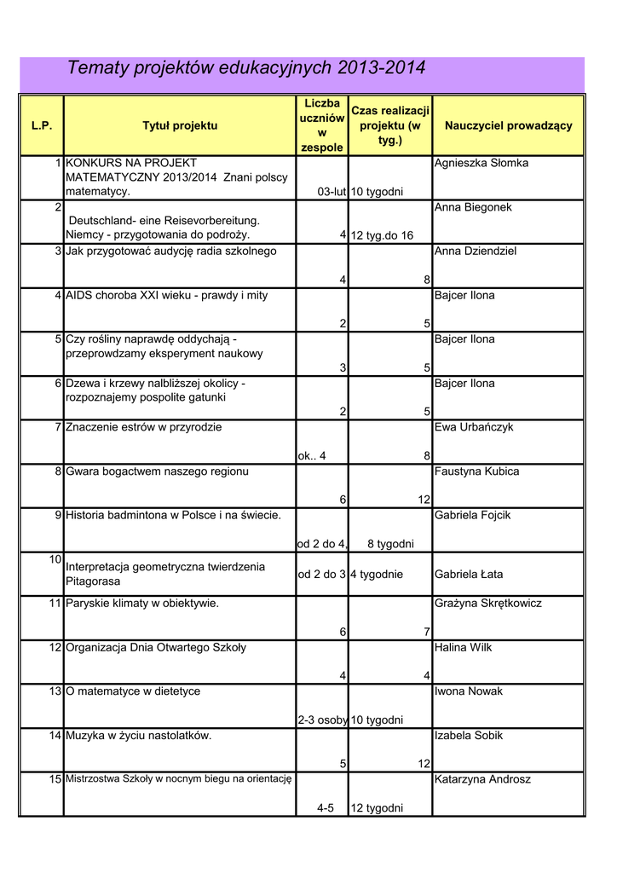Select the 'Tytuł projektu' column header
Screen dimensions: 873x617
pos(180,125)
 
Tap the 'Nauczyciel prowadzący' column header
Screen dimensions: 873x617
pos(508,125)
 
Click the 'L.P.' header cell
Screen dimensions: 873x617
pos(42,125)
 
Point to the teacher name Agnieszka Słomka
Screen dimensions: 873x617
pos(481,163)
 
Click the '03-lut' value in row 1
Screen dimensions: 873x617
pos(332,192)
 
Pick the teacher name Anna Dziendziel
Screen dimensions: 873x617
pos(476,251)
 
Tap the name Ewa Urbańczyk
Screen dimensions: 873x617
pos(474,427)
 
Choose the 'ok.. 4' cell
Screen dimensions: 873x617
pos(312,456)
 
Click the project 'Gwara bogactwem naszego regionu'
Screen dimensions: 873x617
pos(158,471)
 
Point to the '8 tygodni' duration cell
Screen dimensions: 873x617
pos(390,544)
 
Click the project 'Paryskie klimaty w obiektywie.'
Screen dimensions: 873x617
pos(142,604)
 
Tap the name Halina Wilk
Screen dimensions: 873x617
pos(463,647)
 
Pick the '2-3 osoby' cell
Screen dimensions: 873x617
pos(322,720)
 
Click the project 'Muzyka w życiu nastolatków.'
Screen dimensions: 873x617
pos(139,735)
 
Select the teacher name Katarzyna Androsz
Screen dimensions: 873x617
pos(482,779)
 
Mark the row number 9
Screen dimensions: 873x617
pos(58,515)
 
